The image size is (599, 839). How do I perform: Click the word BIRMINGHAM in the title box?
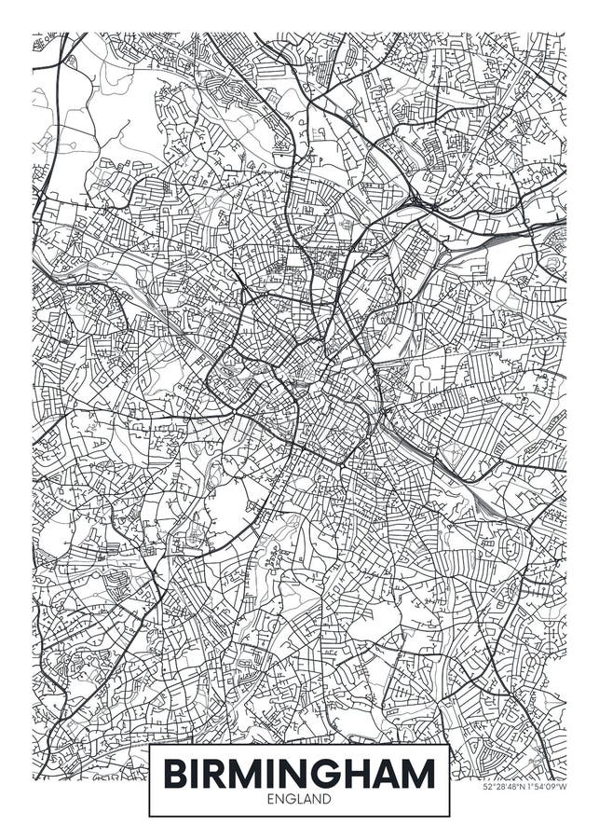pos(299,774)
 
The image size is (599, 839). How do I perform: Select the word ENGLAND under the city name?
pos(299,800)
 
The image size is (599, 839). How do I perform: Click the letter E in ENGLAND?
pos(270,800)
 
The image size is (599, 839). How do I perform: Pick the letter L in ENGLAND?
pos(299,800)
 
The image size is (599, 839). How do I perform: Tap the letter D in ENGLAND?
pos(328,800)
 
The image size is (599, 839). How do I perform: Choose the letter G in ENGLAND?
pos(290,800)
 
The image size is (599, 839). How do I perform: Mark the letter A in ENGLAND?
pos(308,800)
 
